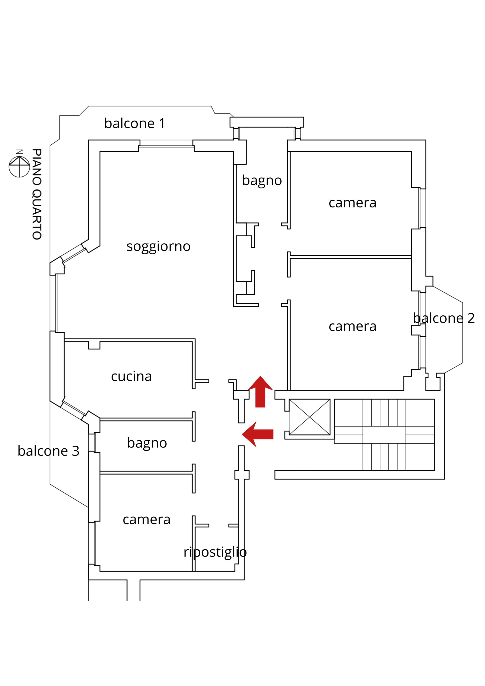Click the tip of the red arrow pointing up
click(x=260, y=376)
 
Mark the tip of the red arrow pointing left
click(x=242, y=434)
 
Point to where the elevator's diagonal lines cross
click(x=309, y=417)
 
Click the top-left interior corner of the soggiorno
click(x=100, y=151)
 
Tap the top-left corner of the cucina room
click(x=65, y=341)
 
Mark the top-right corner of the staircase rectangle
click(x=434, y=399)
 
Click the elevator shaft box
click(x=309, y=417)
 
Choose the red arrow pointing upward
click(x=260, y=392)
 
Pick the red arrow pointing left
click(x=258, y=434)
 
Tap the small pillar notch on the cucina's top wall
click(x=94, y=345)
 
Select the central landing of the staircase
click(x=384, y=435)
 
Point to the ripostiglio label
click(x=215, y=552)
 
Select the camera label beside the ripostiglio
click(x=146, y=520)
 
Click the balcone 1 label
click(x=135, y=123)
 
